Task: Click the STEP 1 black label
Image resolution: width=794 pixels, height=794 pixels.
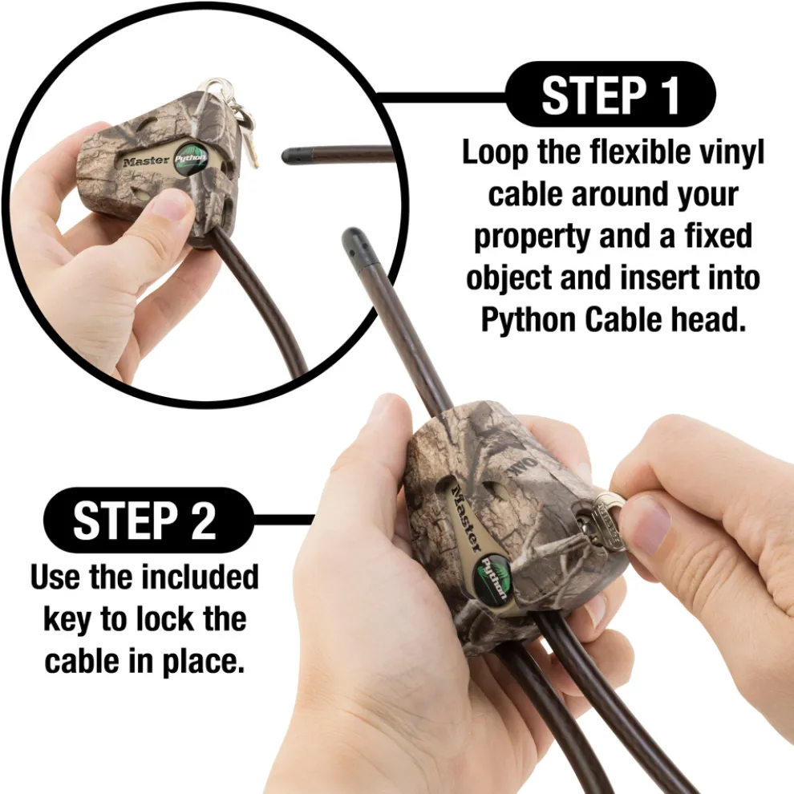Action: pyautogui.click(x=610, y=94)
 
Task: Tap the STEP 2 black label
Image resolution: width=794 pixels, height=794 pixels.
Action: pyautogui.click(x=148, y=520)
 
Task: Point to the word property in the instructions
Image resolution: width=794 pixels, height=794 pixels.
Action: pyautogui.click(x=533, y=237)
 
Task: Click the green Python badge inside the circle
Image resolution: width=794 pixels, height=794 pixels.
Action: pyautogui.click(x=190, y=159)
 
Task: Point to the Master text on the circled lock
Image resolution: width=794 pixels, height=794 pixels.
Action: pyautogui.click(x=146, y=161)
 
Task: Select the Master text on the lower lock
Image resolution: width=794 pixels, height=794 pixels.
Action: pyautogui.click(x=466, y=517)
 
